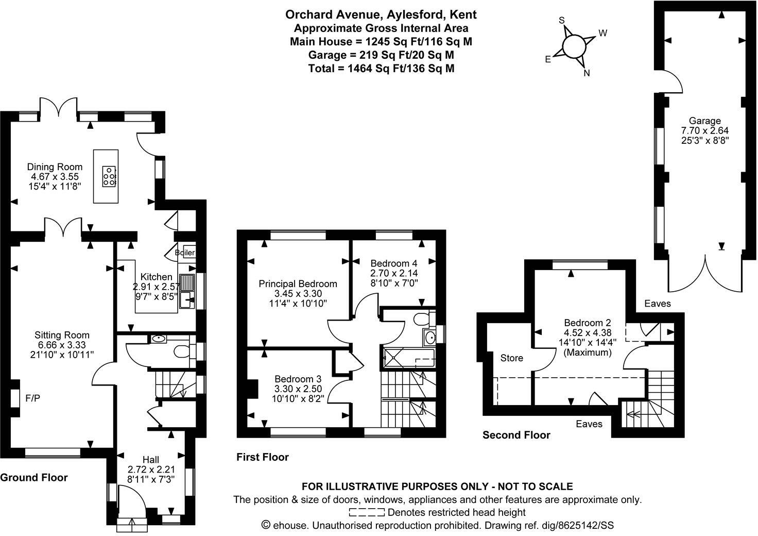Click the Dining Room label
pyautogui.click(x=55, y=166)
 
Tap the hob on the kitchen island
pyautogui.click(x=109, y=176)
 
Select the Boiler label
pyautogui.click(x=185, y=253)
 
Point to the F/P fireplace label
pyautogui.click(x=33, y=398)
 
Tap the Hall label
pyautogui.click(x=151, y=459)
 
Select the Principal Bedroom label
pyautogui.click(x=298, y=283)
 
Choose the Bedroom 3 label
pyautogui.click(x=298, y=378)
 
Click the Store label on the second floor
pyautogui.click(x=511, y=358)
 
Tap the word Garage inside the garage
pyautogui.click(x=705, y=121)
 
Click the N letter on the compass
pyautogui.click(x=586, y=73)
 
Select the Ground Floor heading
pyautogui.click(x=34, y=477)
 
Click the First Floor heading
pyautogui.click(x=263, y=457)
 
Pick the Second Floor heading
pyautogui.click(x=516, y=435)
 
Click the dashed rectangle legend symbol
pyautogui.click(x=367, y=512)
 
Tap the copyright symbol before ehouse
pyautogui.click(x=266, y=525)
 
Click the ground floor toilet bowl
pyautogui.click(x=181, y=351)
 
